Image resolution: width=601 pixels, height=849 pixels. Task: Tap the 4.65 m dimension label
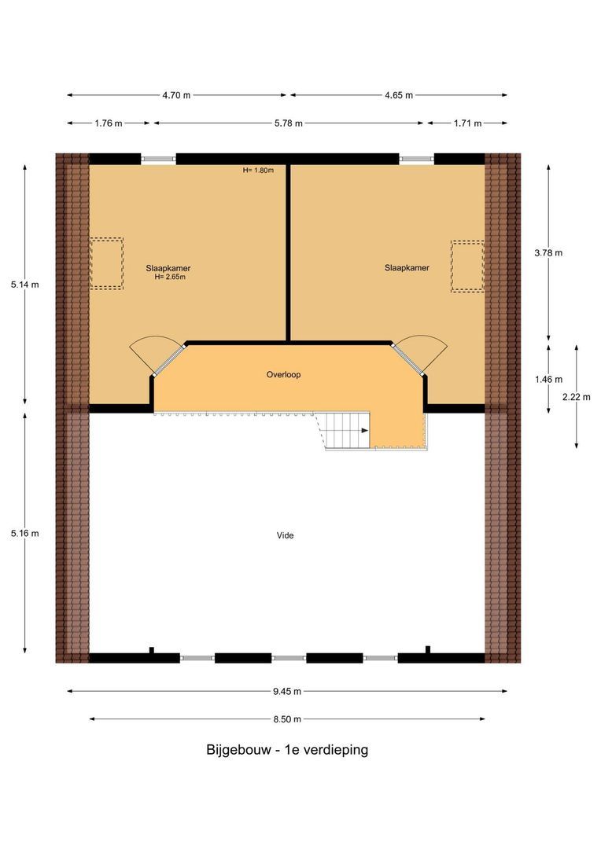399,95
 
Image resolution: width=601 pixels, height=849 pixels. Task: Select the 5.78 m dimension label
288,123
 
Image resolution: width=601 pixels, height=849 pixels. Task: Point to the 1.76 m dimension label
108,123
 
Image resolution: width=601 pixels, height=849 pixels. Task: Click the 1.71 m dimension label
466,123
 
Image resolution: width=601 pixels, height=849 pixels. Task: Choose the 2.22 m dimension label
577,397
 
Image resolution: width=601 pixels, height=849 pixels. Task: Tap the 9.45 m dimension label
287,692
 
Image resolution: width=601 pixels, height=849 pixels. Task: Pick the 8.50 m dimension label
287,719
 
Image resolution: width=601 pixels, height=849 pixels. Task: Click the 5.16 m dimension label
25,533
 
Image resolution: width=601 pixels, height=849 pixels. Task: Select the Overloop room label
283,375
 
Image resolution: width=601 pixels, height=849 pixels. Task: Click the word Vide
285,535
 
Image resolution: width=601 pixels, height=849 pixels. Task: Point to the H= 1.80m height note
258,170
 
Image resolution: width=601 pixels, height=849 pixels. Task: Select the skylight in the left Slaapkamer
106,264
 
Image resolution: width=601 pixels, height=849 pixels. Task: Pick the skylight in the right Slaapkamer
466,266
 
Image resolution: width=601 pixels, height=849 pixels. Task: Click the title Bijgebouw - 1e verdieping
287,750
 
